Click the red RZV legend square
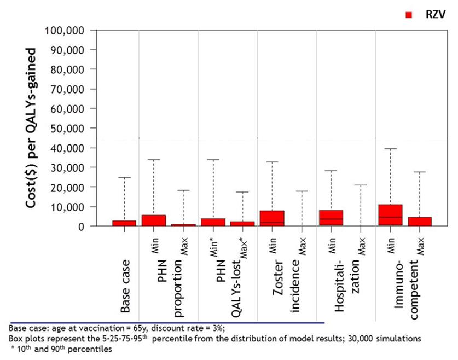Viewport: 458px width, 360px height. click(x=408, y=15)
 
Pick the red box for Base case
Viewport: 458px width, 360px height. click(x=124, y=223)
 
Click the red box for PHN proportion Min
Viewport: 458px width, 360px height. click(x=154, y=220)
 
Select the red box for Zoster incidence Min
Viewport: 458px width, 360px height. click(x=272, y=218)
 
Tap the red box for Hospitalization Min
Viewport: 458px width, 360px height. click(x=331, y=218)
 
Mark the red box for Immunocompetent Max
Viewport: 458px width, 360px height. click(x=420, y=221)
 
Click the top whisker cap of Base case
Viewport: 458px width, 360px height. click(x=124, y=178)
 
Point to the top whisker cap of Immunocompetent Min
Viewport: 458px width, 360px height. click(x=390, y=149)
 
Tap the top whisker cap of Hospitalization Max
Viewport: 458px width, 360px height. click(x=361, y=185)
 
